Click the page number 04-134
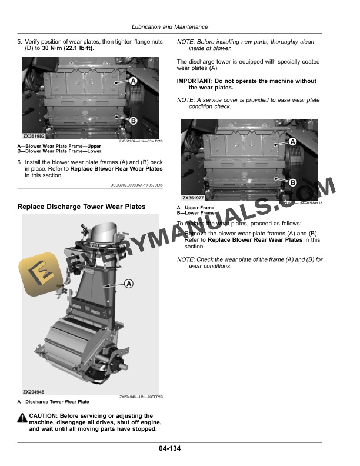pos(169,449)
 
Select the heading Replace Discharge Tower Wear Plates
pos(81,207)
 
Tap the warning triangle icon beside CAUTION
pos(22,417)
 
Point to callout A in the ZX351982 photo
pos(133,80)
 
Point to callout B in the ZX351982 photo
pos(133,121)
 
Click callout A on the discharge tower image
pos(128,284)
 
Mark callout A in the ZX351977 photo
pos(292,142)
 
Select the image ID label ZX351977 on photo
pos(194,198)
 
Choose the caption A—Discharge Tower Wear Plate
pos(54,402)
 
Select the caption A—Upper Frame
pos(196,208)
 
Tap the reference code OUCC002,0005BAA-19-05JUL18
pos(136,185)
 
